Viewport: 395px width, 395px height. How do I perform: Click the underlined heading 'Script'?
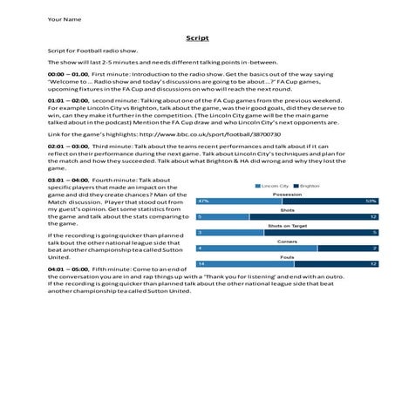[196, 39]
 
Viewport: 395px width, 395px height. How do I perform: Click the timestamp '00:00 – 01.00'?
[67, 76]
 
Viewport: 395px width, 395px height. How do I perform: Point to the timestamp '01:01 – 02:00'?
[67, 100]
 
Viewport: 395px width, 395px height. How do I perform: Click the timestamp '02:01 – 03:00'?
[67, 148]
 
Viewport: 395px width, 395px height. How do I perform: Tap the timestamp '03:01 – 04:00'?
[67, 179]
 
